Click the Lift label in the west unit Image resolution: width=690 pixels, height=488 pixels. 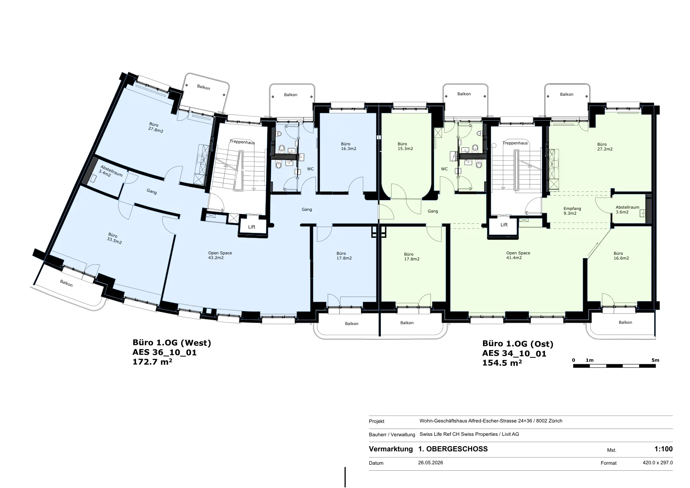252,227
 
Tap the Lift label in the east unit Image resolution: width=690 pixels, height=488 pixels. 504,225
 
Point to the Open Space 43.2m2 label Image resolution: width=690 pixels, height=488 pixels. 220,255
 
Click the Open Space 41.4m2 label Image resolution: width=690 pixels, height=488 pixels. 518,255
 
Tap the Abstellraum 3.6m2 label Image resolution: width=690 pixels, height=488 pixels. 627,210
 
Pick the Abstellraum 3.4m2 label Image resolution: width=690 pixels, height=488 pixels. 110,172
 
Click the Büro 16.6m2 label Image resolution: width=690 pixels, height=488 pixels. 621,256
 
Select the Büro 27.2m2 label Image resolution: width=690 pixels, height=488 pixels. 605,147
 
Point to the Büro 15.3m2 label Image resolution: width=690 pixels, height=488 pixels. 405,146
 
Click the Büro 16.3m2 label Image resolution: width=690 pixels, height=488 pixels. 348,146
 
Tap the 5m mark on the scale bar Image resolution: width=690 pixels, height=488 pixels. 655,360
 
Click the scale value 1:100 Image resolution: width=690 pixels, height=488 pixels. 664,449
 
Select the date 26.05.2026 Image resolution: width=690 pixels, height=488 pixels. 430,463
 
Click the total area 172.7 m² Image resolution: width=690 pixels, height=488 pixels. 152,362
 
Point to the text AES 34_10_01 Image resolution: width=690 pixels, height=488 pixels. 514,354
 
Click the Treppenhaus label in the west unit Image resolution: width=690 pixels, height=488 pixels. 242,142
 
